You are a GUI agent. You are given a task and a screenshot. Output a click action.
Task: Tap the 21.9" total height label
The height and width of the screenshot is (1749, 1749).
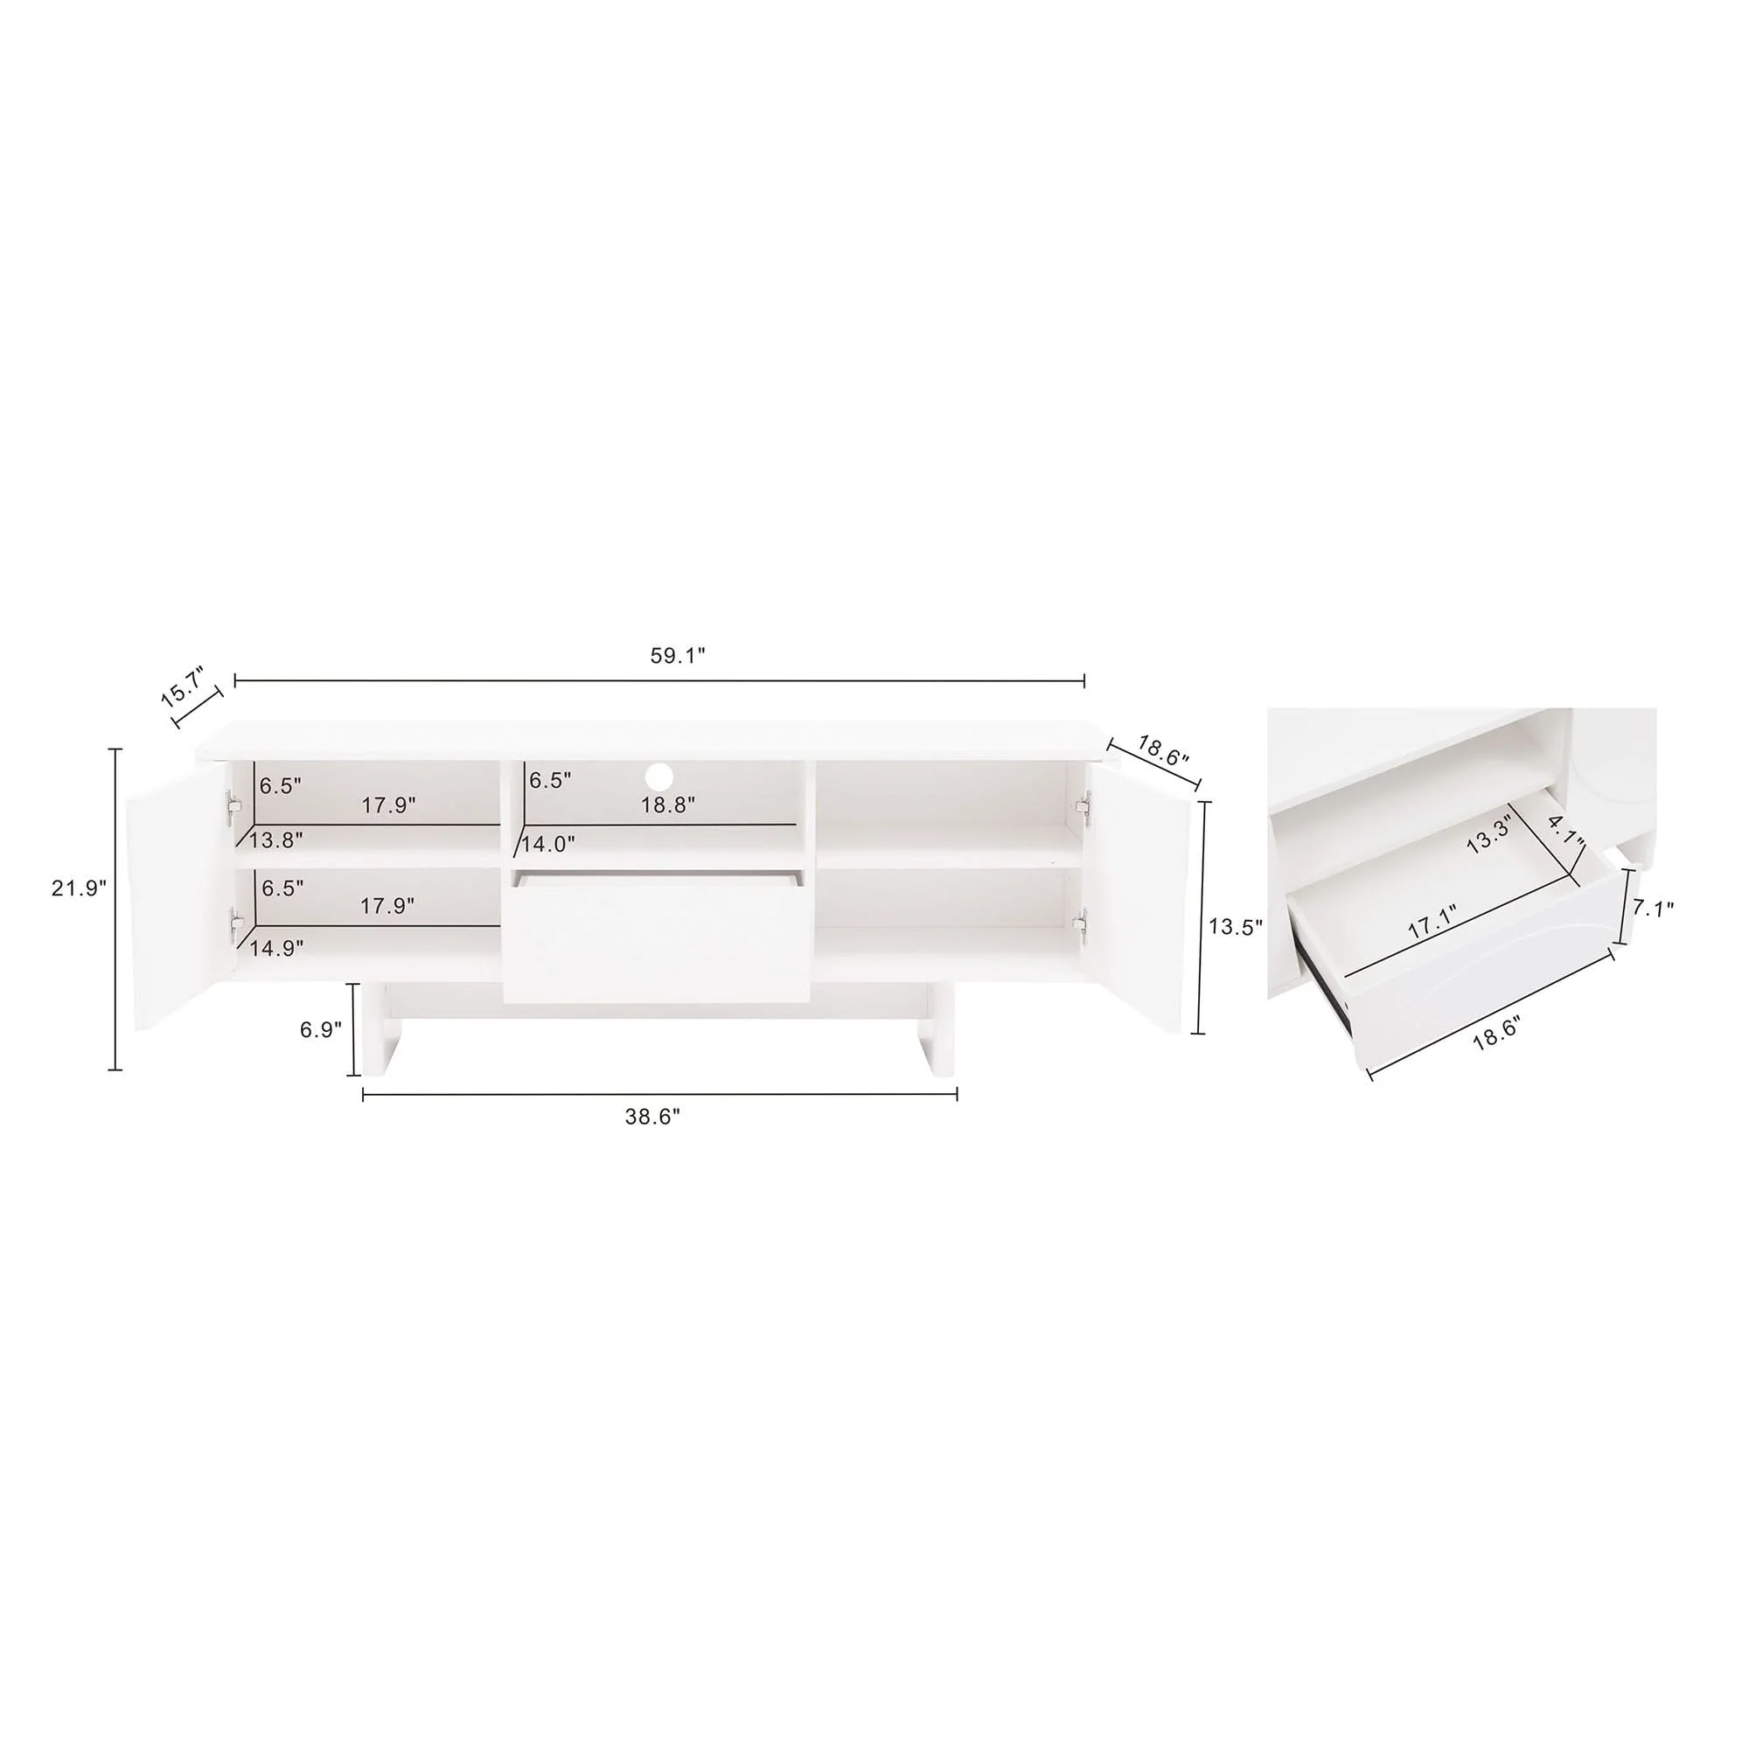[x=79, y=888]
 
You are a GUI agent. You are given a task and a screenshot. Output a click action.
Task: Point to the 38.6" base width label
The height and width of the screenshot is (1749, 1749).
[x=652, y=1117]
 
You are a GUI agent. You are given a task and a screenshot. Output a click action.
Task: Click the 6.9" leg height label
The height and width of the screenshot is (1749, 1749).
[x=320, y=1029]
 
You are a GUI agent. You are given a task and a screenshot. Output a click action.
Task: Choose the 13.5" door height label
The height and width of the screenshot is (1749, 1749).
[x=1236, y=926]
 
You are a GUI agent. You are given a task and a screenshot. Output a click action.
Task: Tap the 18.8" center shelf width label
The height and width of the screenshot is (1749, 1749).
[x=668, y=805]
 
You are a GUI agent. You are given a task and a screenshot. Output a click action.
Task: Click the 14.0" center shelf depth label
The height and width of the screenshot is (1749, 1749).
[x=547, y=844]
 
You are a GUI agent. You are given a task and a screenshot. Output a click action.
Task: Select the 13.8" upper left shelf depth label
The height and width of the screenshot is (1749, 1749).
[x=275, y=840]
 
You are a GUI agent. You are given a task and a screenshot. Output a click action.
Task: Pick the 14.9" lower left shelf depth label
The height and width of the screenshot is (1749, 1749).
[x=276, y=948]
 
